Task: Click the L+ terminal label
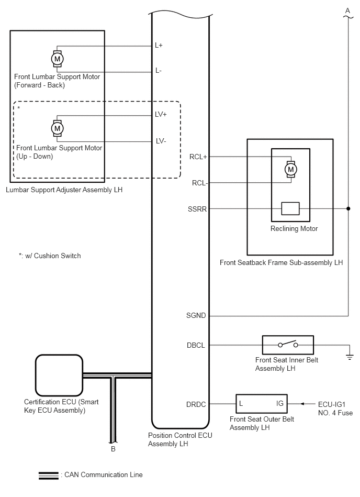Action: tap(159, 46)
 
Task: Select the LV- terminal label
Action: tap(161, 140)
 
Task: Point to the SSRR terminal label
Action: tap(197, 208)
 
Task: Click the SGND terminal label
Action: tap(197, 316)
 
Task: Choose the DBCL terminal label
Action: tap(197, 345)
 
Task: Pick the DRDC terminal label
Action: tap(197, 404)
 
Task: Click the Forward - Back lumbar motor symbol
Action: tap(57, 59)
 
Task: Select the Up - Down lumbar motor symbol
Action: tap(57, 127)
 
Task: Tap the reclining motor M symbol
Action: tap(290, 169)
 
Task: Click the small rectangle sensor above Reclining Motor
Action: tap(290, 208)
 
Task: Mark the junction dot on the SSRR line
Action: tap(348, 208)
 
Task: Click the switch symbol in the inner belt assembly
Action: tap(287, 345)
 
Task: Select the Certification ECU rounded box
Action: tap(58, 375)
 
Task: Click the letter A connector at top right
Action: tap(347, 10)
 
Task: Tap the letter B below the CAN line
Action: tap(113, 449)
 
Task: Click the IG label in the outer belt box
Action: tap(280, 404)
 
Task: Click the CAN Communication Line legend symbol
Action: tap(48, 475)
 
